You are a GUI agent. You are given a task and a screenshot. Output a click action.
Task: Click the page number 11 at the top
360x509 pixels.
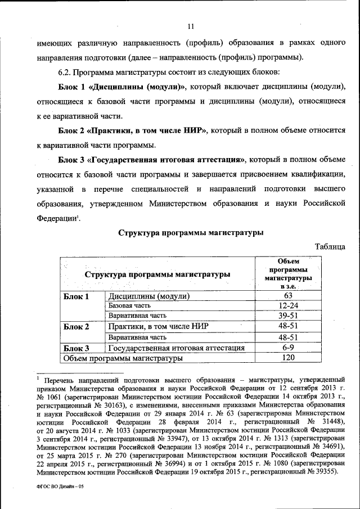[190, 26]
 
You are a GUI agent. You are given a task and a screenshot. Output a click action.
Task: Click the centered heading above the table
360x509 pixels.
[191, 232]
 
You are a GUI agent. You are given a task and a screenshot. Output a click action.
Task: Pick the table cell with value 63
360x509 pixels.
[288, 296]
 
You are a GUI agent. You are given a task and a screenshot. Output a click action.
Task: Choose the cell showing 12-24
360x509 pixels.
[288, 305]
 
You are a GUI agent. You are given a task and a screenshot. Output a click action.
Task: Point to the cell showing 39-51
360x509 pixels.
[288, 316]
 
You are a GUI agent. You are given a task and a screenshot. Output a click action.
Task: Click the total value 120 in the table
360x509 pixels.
[288, 358]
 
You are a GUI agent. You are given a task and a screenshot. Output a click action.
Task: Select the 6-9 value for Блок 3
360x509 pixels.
[288, 348]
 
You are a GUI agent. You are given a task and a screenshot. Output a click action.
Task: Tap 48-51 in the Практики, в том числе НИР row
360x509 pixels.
[288, 326]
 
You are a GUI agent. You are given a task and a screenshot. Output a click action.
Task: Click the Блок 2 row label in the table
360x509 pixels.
[77, 326]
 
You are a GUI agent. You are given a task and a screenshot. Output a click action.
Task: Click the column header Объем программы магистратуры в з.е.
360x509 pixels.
[288, 273]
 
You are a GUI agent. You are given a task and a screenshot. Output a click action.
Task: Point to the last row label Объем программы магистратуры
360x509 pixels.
[123, 358]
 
